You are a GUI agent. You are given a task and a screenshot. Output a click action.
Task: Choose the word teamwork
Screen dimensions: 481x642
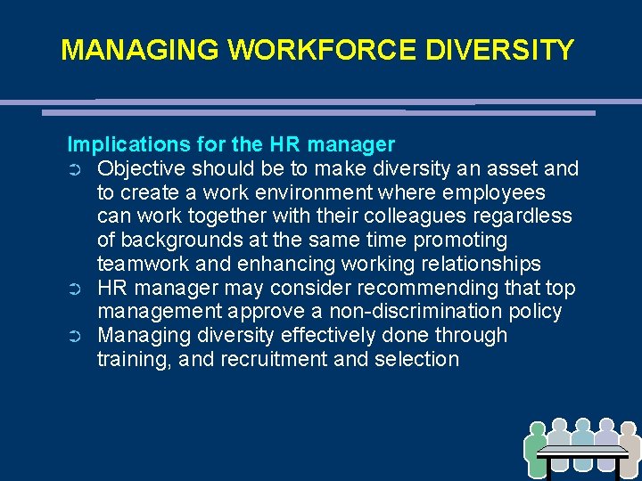(143, 265)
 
